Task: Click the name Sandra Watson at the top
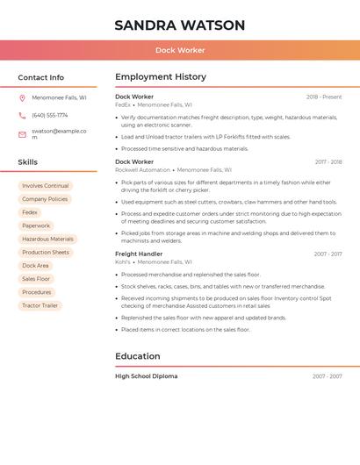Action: (179, 25)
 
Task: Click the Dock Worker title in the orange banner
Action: (180, 50)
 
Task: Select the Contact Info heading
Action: (41, 77)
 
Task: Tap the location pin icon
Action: (22, 98)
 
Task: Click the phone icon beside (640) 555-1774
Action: (22, 115)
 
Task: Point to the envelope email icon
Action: (22, 134)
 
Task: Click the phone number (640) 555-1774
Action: (50, 115)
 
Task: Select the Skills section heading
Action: (28, 162)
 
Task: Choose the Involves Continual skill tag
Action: (45, 186)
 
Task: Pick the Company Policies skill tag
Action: (45, 199)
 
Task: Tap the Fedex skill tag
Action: (30, 212)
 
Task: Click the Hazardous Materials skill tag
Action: (47, 239)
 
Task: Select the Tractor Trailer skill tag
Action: (40, 305)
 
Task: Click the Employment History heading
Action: (161, 77)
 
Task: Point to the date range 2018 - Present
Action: (324, 97)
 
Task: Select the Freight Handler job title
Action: (139, 254)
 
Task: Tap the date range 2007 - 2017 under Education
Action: (327, 376)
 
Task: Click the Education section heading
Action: (138, 356)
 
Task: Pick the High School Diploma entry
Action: (147, 376)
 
